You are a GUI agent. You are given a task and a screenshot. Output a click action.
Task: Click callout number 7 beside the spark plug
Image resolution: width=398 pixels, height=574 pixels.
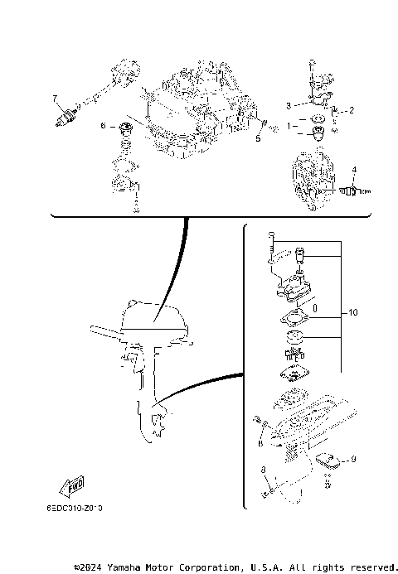tap(56, 98)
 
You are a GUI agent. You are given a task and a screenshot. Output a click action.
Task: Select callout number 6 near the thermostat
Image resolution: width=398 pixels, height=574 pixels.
tap(104, 126)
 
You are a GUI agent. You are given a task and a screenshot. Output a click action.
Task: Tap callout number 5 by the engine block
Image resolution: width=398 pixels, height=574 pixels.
tap(258, 139)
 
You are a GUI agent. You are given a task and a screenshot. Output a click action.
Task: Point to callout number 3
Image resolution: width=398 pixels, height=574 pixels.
tap(289, 106)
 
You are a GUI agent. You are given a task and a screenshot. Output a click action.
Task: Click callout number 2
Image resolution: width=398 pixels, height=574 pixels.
tap(351, 109)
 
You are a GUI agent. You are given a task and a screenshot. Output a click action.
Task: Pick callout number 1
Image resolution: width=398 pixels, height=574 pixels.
tap(289, 126)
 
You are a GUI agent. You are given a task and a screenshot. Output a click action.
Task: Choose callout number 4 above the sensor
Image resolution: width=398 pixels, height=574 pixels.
tap(353, 170)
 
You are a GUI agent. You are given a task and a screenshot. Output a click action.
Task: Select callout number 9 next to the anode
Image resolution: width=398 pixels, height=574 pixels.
tap(353, 460)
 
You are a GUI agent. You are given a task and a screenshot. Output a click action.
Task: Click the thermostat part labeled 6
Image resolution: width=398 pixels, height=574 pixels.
tap(126, 129)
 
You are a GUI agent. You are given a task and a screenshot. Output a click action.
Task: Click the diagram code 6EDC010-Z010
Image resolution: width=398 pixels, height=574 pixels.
tap(80, 507)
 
